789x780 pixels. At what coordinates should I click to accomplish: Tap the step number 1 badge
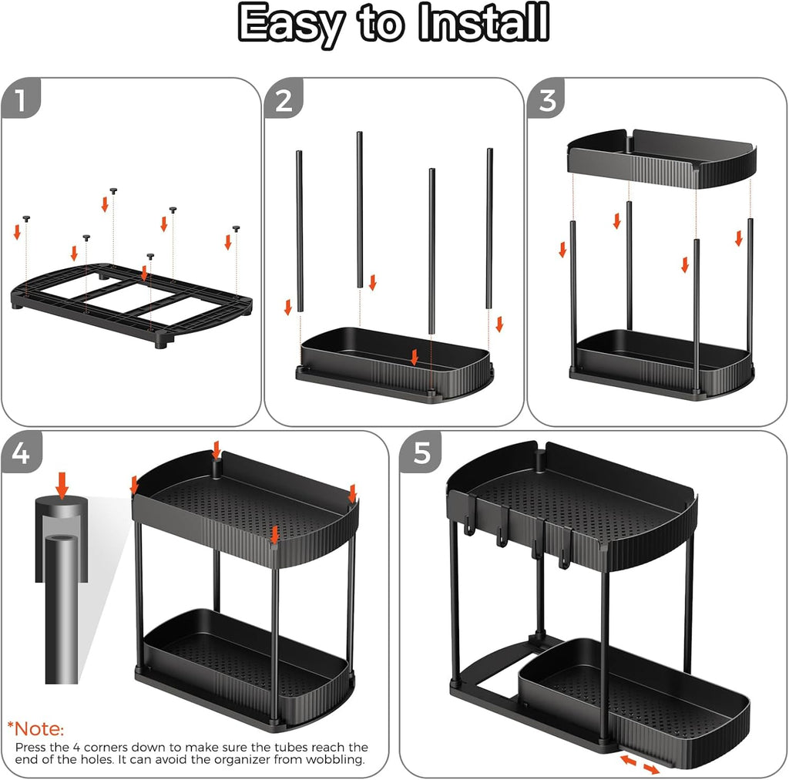tap(20, 99)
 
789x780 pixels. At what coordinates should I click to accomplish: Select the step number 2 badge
tap(284, 99)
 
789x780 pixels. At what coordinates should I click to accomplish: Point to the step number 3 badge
tap(546, 99)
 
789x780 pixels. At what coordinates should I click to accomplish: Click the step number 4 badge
tap(20, 452)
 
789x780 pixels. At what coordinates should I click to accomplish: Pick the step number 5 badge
tap(421, 452)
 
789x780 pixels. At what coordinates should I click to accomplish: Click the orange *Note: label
tap(36, 728)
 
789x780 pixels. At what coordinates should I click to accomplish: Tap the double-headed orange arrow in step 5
tap(640, 765)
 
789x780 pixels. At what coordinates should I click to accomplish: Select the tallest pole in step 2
tap(359, 208)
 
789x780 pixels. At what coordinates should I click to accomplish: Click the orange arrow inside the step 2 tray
tap(415, 356)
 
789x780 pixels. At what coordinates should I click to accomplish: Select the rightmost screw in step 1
tap(236, 229)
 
